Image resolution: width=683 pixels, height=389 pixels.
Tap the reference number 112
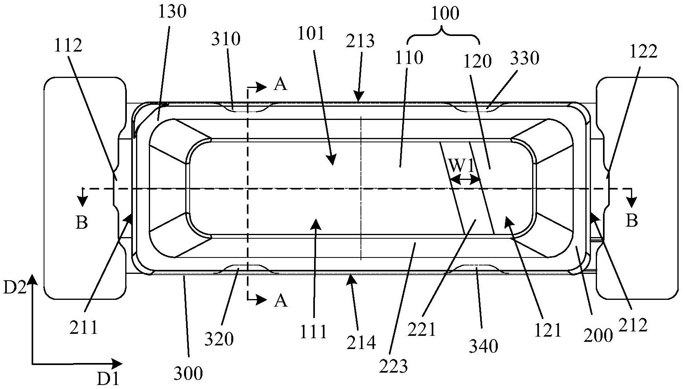point(68,46)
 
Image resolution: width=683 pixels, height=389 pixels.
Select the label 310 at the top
point(226,39)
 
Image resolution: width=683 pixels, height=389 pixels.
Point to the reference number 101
point(311,34)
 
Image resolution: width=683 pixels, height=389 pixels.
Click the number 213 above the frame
point(360,41)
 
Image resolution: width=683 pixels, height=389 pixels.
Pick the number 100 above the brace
point(445,14)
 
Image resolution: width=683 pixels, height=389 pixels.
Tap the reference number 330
point(525,58)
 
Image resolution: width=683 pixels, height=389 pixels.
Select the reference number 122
point(643,52)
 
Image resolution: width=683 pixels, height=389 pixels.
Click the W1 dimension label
point(462,167)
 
